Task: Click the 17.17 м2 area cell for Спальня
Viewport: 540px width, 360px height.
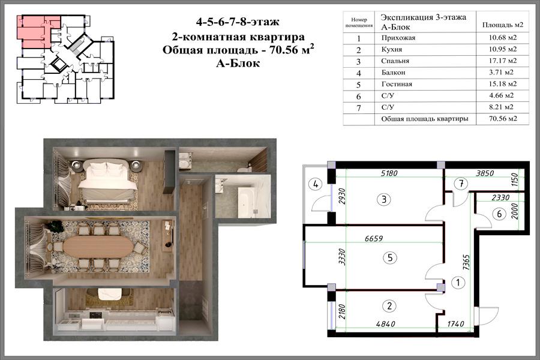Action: tap(502, 61)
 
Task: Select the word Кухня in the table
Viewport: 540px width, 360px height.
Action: tap(392, 49)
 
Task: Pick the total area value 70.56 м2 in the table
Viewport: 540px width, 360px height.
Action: tap(503, 119)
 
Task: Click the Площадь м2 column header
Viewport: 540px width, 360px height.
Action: tap(502, 25)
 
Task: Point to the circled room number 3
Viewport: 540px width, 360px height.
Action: tap(384, 199)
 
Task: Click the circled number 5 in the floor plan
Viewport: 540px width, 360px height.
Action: tap(390, 257)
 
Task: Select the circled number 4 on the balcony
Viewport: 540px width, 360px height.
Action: tap(315, 184)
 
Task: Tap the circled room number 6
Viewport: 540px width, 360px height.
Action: tap(499, 214)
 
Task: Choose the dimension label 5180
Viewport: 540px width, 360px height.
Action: tap(389, 173)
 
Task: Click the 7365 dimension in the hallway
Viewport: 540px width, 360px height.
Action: tap(466, 263)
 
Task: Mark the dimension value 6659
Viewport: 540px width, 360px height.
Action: tap(374, 238)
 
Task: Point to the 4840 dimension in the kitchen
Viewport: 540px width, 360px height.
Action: tap(385, 324)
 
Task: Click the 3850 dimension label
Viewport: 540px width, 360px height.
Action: tap(485, 173)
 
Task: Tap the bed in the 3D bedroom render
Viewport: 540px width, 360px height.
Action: tap(106, 181)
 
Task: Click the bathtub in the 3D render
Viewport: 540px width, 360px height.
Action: tap(247, 202)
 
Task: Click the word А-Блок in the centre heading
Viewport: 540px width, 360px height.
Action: tap(238, 64)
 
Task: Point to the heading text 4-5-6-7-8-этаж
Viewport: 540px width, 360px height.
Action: tap(238, 22)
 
